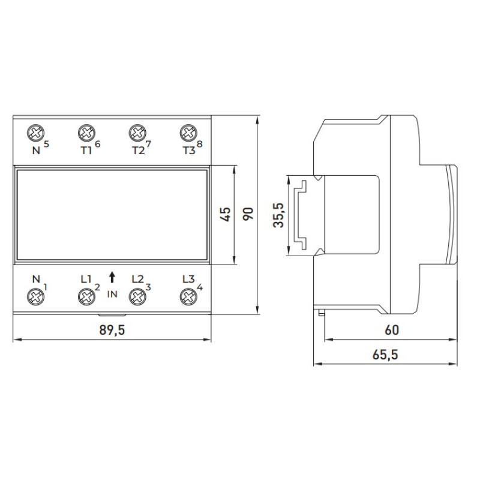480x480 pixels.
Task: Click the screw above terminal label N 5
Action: pos(35,133)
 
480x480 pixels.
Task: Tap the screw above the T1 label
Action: pos(86,133)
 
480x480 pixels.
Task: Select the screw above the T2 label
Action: pos(137,133)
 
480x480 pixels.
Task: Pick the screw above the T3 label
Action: pos(188,133)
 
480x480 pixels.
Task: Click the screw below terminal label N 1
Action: pos(35,296)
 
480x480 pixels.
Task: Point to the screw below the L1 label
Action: pos(86,296)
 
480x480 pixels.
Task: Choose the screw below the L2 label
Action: pos(137,296)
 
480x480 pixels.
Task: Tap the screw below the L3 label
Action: pos(188,296)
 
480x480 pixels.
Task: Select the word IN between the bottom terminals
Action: pos(112,294)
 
